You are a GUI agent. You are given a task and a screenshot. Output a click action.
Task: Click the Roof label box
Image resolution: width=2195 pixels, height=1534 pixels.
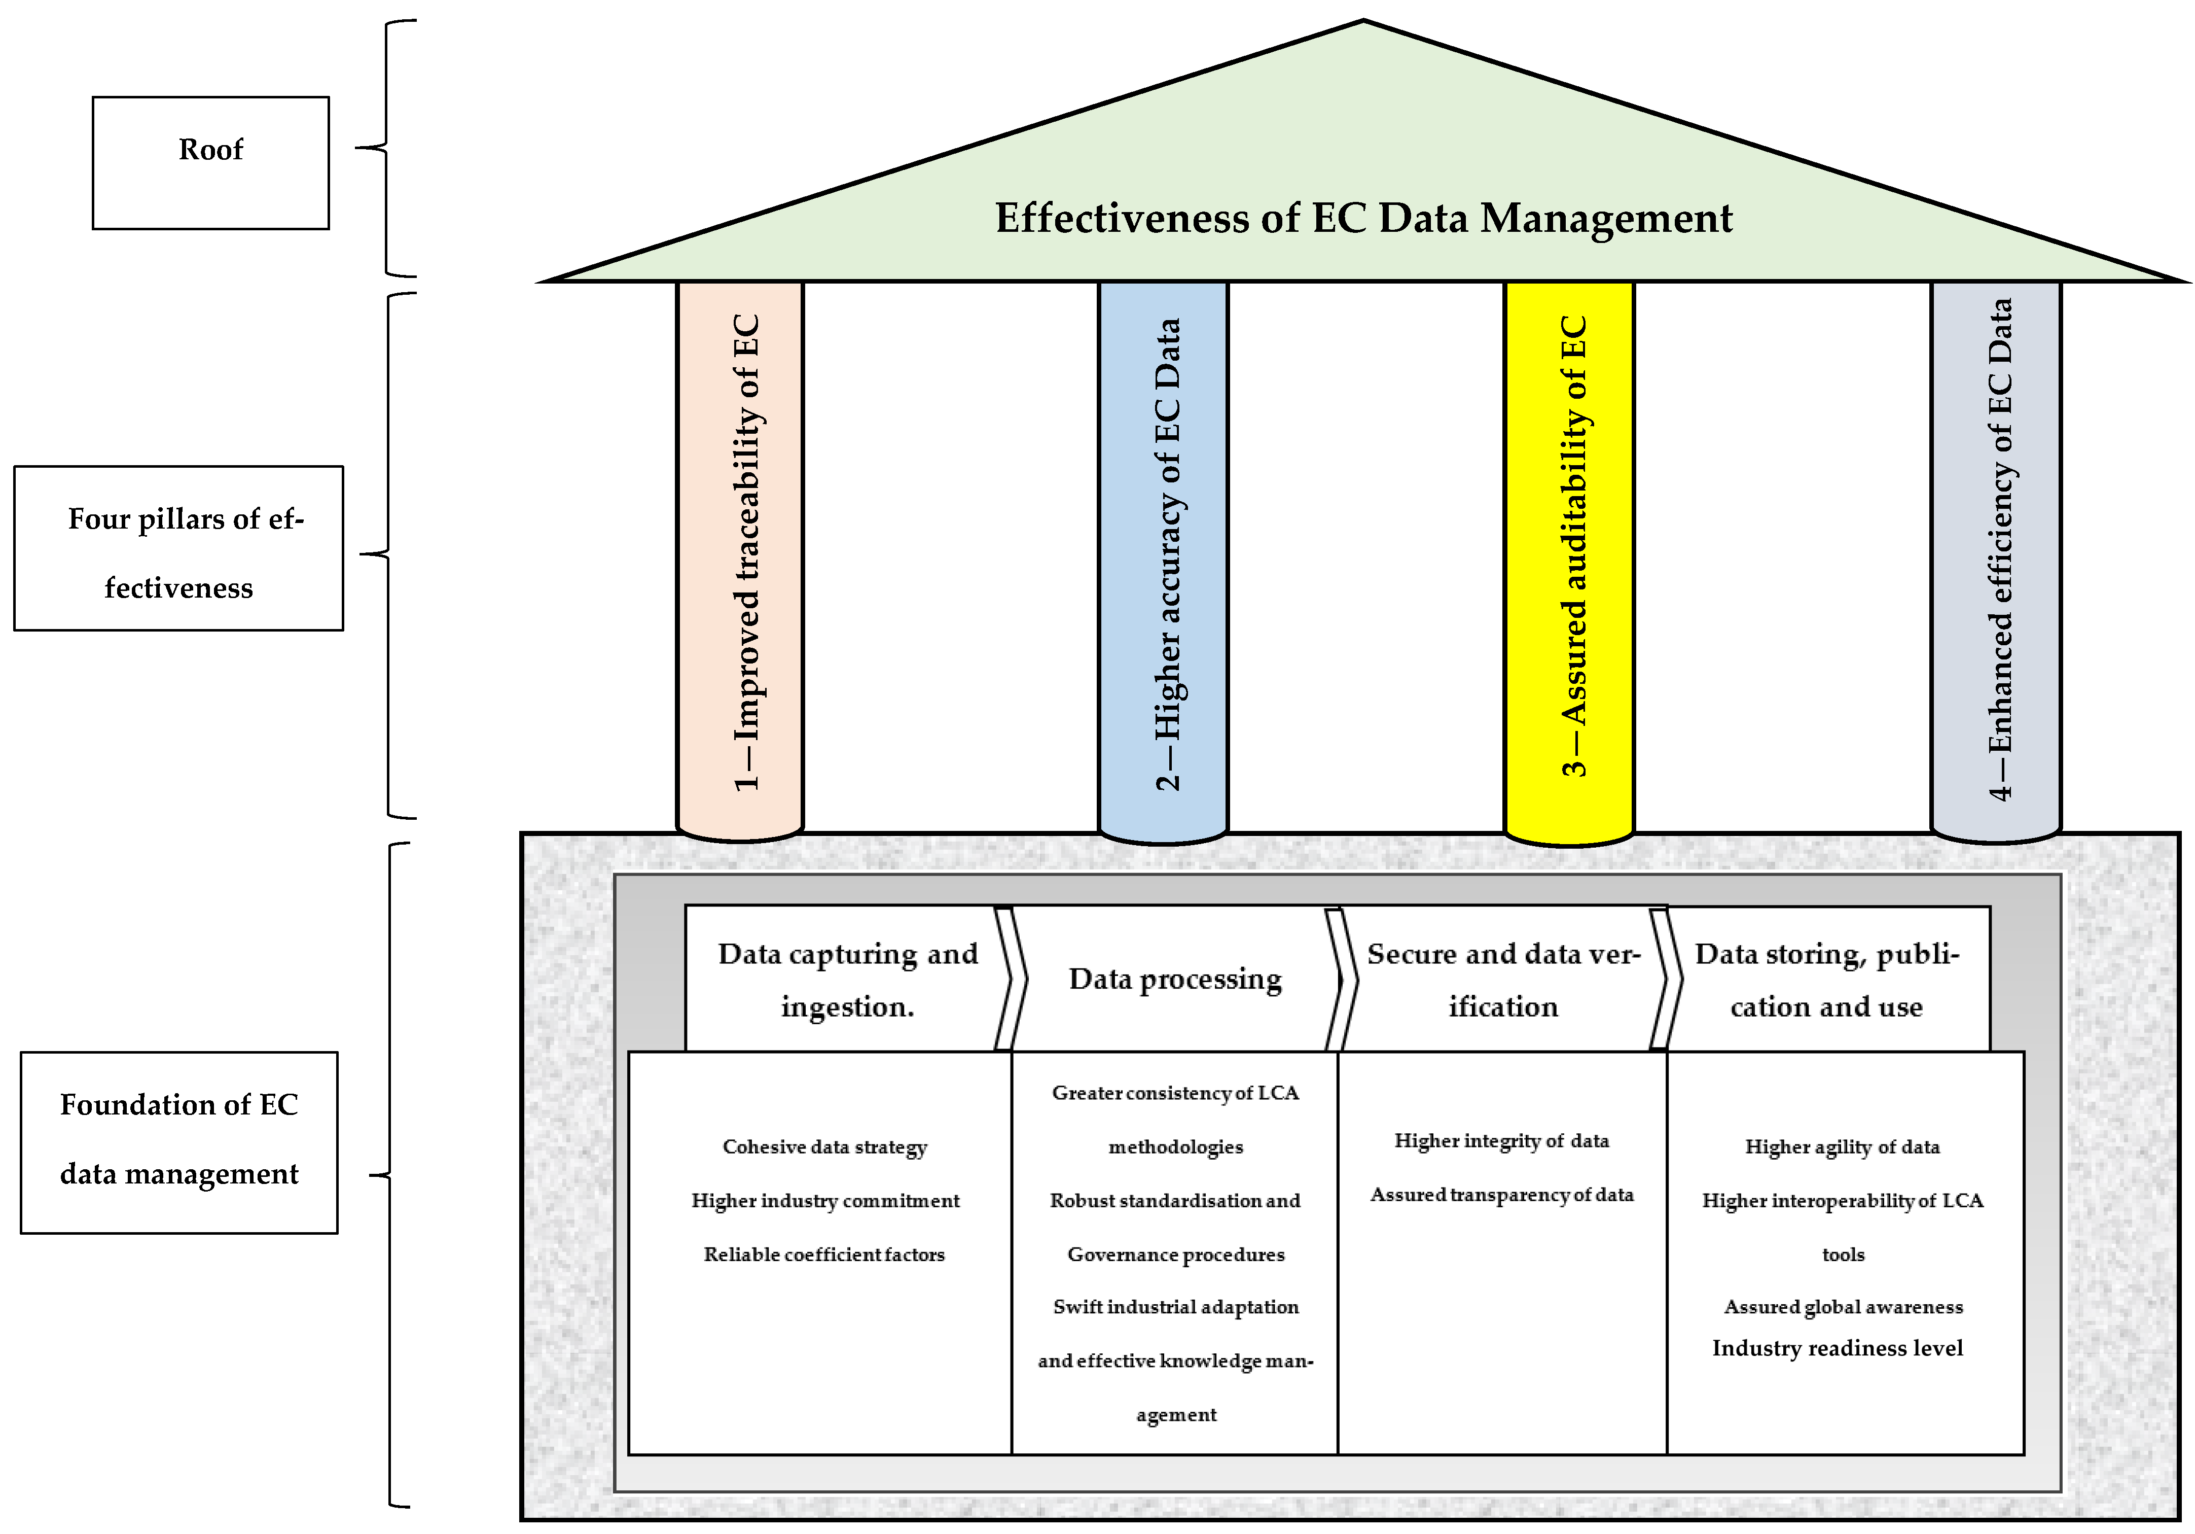point(210,162)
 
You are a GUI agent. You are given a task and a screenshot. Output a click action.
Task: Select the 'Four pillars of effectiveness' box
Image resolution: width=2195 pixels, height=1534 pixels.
point(179,548)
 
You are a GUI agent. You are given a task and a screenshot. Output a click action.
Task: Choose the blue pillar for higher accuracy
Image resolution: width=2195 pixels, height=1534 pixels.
point(1164,554)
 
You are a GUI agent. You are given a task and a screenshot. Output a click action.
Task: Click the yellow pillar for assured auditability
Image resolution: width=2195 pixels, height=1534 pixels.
point(1570,554)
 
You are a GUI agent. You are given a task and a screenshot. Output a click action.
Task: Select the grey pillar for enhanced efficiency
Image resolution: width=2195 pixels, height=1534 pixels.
point(1996,554)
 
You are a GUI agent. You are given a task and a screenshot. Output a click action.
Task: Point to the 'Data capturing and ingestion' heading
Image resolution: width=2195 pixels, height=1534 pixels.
point(847,980)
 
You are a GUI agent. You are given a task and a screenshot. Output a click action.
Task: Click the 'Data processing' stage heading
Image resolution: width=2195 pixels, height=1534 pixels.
point(1175,980)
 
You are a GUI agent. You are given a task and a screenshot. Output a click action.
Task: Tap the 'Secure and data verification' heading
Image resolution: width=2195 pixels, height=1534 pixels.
point(1503,980)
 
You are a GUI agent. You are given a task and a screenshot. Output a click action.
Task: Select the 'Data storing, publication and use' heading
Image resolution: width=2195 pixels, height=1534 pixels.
point(1827,980)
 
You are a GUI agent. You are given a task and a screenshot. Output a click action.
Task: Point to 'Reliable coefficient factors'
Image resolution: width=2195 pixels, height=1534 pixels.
point(824,1254)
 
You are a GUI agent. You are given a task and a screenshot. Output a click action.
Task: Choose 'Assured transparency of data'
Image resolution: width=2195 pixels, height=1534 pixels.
point(1502,1195)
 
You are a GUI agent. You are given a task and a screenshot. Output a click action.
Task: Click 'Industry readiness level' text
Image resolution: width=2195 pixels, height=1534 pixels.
point(1838,1348)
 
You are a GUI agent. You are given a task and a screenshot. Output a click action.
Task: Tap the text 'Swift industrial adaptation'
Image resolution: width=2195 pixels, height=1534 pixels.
point(1176,1306)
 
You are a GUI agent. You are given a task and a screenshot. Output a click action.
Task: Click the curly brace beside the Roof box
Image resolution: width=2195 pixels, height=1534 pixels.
point(386,148)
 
